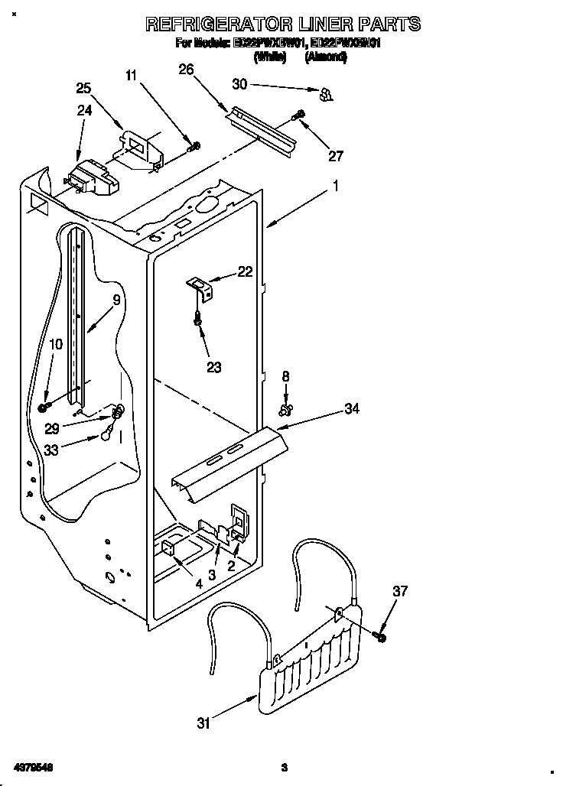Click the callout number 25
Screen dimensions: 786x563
(83, 88)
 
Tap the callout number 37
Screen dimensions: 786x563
(400, 591)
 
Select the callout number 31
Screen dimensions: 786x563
(203, 723)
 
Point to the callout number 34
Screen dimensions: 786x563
(351, 410)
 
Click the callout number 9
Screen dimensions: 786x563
(116, 300)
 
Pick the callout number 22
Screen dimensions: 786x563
(245, 271)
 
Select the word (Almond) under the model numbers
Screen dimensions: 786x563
(326, 57)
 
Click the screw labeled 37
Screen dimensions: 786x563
(380, 636)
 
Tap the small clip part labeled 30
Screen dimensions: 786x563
(326, 94)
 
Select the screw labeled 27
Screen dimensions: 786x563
(298, 115)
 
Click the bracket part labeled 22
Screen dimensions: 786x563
(202, 287)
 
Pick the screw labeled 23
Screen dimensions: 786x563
(199, 320)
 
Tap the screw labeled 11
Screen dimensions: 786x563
(194, 146)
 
